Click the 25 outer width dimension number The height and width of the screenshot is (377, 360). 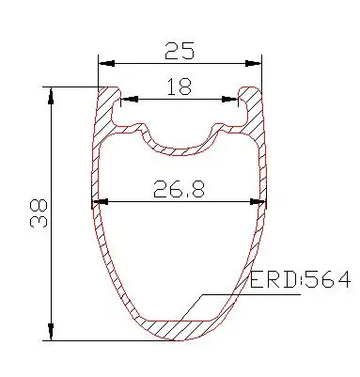(180, 51)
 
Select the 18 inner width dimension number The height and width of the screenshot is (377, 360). (179, 86)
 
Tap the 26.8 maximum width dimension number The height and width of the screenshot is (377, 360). (179, 189)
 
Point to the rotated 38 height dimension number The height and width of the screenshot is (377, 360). (39, 213)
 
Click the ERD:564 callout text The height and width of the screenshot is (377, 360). (300, 280)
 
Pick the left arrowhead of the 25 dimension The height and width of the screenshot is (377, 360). (106, 63)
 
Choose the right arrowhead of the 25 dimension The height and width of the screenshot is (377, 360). (253, 63)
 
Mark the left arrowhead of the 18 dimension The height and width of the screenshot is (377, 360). (130, 100)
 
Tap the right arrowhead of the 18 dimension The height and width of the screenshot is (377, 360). (229, 100)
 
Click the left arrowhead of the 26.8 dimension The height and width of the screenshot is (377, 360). (101, 202)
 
